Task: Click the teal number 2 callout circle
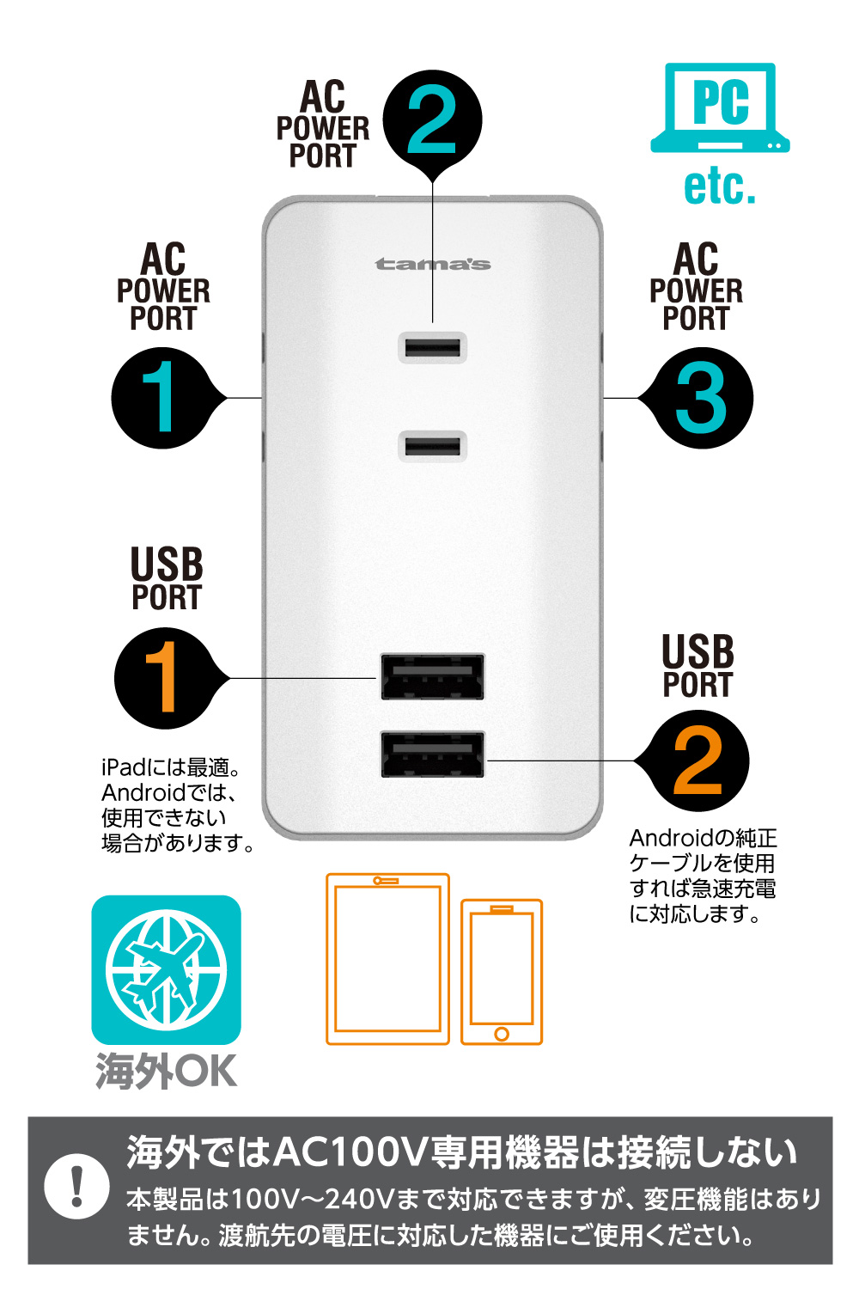[x=432, y=119]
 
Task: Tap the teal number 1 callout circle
[x=162, y=398]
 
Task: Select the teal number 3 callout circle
[x=701, y=398]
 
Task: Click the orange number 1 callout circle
[x=165, y=678]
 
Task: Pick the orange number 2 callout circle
[x=698, y=761]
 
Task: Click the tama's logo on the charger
[x=433, y=264]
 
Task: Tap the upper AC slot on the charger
[x=432, y=348]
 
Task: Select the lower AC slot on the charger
[x=432, y=446]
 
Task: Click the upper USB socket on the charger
[x=433, y=676]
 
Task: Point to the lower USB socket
[x=433, y=754]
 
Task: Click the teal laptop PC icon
[x=721, y=107]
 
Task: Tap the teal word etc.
[x=720, y=186]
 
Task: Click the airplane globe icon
[x=167, y=969]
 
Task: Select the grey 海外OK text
[x=167, y=1071]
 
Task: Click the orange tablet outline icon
[x=387, y=959]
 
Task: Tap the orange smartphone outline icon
[x=502, y=972]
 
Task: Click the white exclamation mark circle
[x=76, y=1187]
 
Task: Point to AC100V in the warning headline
[x=350, y=1152]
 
